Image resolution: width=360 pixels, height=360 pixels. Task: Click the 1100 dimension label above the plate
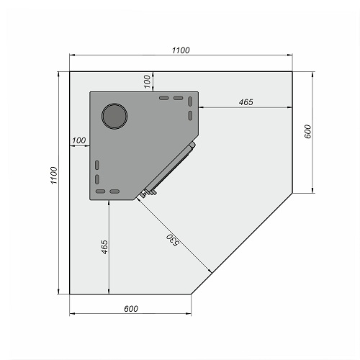coord(181,50)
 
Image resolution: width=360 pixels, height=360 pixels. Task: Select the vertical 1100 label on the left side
coord(54,175)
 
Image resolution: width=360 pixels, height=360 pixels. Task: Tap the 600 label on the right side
coord(307,132)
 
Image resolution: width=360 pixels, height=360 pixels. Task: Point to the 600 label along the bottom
coord(131,309)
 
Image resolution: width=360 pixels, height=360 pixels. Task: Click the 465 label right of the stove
coord(246,102)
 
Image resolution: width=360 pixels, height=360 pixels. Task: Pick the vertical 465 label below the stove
coord(104,247)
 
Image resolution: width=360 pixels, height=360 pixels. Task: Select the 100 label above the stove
coord(147,81)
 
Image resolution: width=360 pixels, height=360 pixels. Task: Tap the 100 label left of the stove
coord(79,140)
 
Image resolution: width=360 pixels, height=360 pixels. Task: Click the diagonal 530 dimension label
coord(173,240)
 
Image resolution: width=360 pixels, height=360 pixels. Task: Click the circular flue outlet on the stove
coord(114,116)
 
